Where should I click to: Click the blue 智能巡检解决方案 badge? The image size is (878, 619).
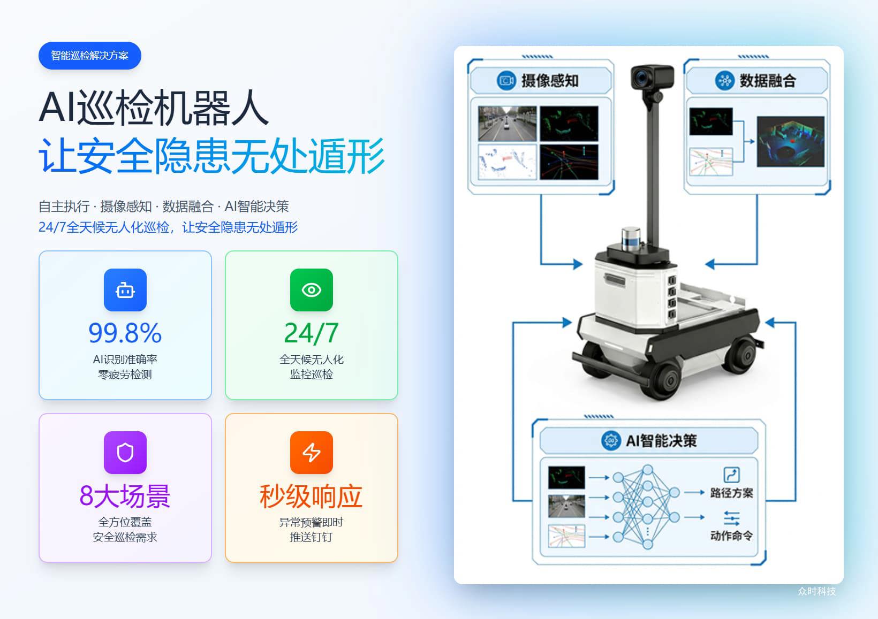[x=90, y=56]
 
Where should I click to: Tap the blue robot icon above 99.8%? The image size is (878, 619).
[x=125, y=290]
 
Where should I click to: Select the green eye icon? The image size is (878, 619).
[x=311, y=290]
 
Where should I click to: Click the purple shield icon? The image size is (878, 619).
[x=125, y=453]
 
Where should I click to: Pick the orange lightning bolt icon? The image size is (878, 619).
[x=311, y=453]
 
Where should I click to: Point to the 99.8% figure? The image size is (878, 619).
[x=125, y=333]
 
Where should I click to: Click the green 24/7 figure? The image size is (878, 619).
[x=311, y=333]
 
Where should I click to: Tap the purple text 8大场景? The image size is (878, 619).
[x=125, y=496]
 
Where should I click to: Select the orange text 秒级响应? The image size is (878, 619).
[x=311, y=496]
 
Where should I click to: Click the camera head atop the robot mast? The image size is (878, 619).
[x=652, y=77]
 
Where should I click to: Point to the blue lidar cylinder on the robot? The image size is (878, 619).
[x=631, y=239]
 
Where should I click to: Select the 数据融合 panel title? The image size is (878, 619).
[x=768, y=81]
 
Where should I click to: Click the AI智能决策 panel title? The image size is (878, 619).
[x=661, y=441]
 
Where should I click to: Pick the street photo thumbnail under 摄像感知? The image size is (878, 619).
[x=507, y=124]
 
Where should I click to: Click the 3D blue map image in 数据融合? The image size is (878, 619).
[x=791, y=141]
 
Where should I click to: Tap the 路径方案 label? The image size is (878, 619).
[x=731, y=493]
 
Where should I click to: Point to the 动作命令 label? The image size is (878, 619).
[x=731, y=535]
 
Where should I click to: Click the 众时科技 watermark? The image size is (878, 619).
[x=817, y=591]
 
